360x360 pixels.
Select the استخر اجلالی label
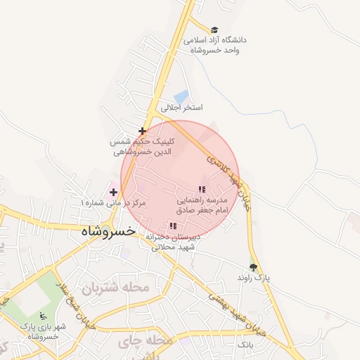click(181, 108)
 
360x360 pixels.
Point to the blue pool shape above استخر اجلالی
click(181, 96)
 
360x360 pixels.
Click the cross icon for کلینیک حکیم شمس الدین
click(143, 131)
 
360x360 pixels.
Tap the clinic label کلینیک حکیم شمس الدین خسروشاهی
click(143, 146)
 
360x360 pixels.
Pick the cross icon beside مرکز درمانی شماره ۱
click(113, 192)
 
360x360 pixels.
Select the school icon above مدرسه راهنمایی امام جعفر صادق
click(202, 190)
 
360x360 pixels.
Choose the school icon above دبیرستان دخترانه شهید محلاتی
click(173, 226)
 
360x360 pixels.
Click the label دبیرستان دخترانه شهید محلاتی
click(173, 242)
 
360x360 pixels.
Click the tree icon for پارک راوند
click(253, 267)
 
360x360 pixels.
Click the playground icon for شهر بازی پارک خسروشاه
click(43, 315)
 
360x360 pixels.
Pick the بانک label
click(245, 346)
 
